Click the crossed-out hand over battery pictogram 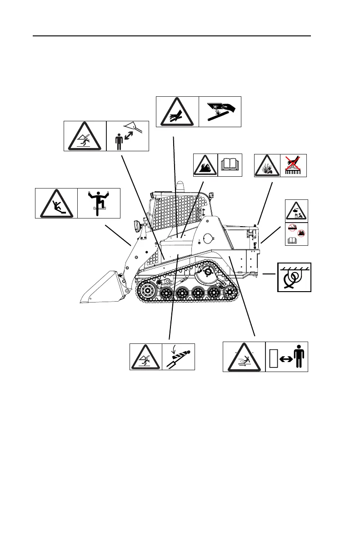(294, 165)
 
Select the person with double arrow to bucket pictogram (128, 136)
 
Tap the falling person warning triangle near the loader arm (85, 136)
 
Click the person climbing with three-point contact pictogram (99, 203)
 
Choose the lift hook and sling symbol (295, 277)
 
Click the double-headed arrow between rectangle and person (285, 358)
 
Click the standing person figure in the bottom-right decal (300, 356)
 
